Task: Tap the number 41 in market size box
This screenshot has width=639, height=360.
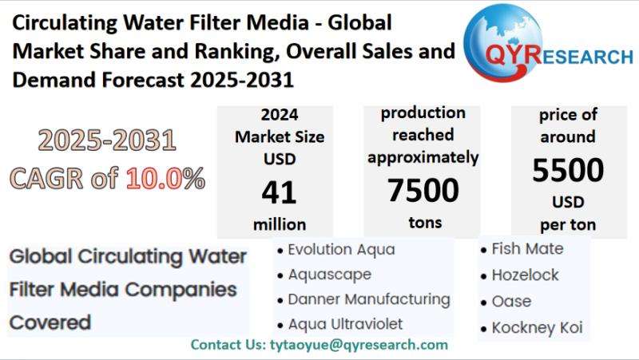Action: pyautogui.click(x=279, y=192)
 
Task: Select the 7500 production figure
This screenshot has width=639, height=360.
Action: pyautogui.click(x=423, y=190)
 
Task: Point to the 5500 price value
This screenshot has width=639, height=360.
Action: pyautogui.click(x=568, y=170)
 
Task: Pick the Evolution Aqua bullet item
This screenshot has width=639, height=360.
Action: pyautogui.click(x=341, y=249)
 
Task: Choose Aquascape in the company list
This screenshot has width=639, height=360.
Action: pyautogui.click(x=329, y=275)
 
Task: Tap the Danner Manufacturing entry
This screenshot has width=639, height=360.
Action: pyautogui.click(x=368, y=299)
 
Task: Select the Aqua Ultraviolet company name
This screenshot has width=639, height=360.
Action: pyautogui.click(x=345, y=324)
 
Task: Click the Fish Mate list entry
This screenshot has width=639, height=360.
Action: pyautogui.click(x=527, y=249)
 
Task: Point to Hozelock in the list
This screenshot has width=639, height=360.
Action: pyautogui.click(x=525, y=275)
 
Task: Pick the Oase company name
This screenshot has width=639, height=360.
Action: pyautogui.click(x=511, y=302)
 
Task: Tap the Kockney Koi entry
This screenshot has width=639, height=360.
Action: pyautogui.click(x=537, y=327)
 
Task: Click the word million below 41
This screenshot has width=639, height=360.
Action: pyautogui.click(x=279, y=224)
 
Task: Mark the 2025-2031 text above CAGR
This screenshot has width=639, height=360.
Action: pyautogui.click(x=106, y=141)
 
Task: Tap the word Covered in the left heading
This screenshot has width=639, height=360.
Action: pyautogui.click(x=50, y=322)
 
